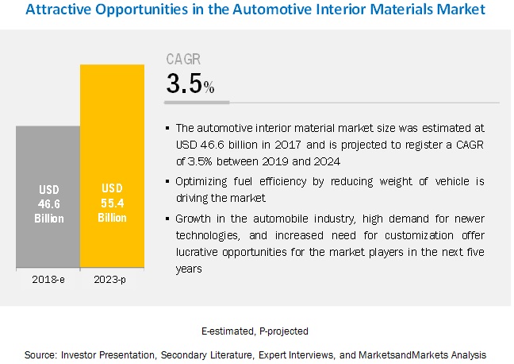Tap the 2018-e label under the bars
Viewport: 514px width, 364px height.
(48, 280)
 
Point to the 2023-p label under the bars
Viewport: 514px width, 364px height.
(112, 280)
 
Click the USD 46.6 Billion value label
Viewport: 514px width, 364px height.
(48, 203)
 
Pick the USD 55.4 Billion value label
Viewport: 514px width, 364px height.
(112, 203)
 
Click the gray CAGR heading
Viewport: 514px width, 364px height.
(182, 59)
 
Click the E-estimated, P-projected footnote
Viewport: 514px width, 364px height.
(255, 330)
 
